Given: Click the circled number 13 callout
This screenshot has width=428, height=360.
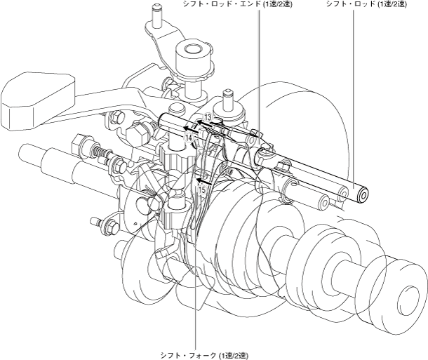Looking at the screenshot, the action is (x=208, y=117).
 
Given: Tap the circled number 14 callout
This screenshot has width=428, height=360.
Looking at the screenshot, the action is (x=189, y=138).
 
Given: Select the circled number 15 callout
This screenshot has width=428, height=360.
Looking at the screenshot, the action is (x=202, y=189).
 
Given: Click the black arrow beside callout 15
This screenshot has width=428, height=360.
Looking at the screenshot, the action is (x=204, y=180).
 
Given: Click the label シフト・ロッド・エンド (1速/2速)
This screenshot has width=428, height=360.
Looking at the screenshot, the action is (x=237, y=4).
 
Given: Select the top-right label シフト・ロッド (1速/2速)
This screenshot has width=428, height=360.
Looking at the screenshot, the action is (x=366, y=4).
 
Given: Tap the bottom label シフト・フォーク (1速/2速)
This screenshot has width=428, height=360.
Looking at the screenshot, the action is (x=204, y=356).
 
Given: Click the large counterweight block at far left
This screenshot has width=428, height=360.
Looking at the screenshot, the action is (x=38, y=100).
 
